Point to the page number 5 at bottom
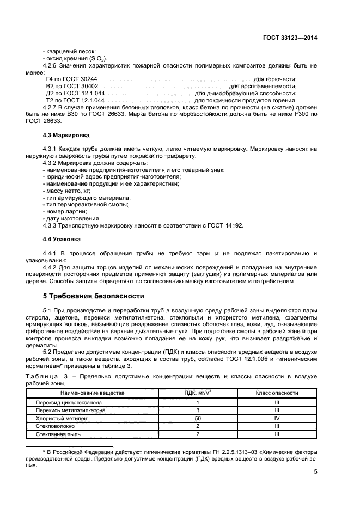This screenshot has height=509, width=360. (315, 472)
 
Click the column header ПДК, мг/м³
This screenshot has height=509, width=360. (198, 393)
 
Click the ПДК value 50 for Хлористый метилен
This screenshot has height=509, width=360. (198, 418)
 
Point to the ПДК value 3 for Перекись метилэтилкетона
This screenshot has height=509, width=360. (198, 410)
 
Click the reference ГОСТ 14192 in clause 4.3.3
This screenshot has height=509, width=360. (225, 225)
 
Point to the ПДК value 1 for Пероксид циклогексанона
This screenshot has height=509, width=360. (198, 402)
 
